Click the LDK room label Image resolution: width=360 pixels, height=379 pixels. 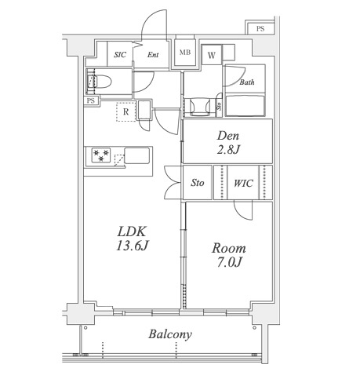pos(132,231)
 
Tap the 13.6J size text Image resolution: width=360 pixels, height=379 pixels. pos(133,246)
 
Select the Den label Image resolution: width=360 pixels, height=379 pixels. pos(228,136)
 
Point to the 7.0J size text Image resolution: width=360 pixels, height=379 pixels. pos(229,262)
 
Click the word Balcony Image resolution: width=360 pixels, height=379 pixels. pos(170,334)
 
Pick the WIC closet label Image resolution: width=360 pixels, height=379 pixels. pos(243,183)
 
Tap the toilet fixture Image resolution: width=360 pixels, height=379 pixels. pos(99,81)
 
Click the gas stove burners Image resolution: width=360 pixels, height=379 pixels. pos(100,155)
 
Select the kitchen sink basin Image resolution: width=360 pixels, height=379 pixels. pos(137,155)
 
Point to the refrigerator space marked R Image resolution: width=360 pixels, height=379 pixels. pos(126,111)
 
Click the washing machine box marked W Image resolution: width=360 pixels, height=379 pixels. pos(212,55)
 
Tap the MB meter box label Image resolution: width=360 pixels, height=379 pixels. pos(185,53)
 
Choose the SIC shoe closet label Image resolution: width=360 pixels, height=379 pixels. pos(120,55)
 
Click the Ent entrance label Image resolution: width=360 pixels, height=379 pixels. pos(153,55)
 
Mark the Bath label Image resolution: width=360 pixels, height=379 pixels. pos(247,82)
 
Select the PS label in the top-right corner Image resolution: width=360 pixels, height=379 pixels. pos(260,28)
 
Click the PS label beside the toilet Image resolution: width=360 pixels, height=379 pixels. pos(91,100)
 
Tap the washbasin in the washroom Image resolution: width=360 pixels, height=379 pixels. pos(200,107)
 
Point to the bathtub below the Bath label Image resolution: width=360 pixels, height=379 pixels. pos(245,106)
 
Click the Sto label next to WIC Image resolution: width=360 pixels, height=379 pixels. pos(198,183)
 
